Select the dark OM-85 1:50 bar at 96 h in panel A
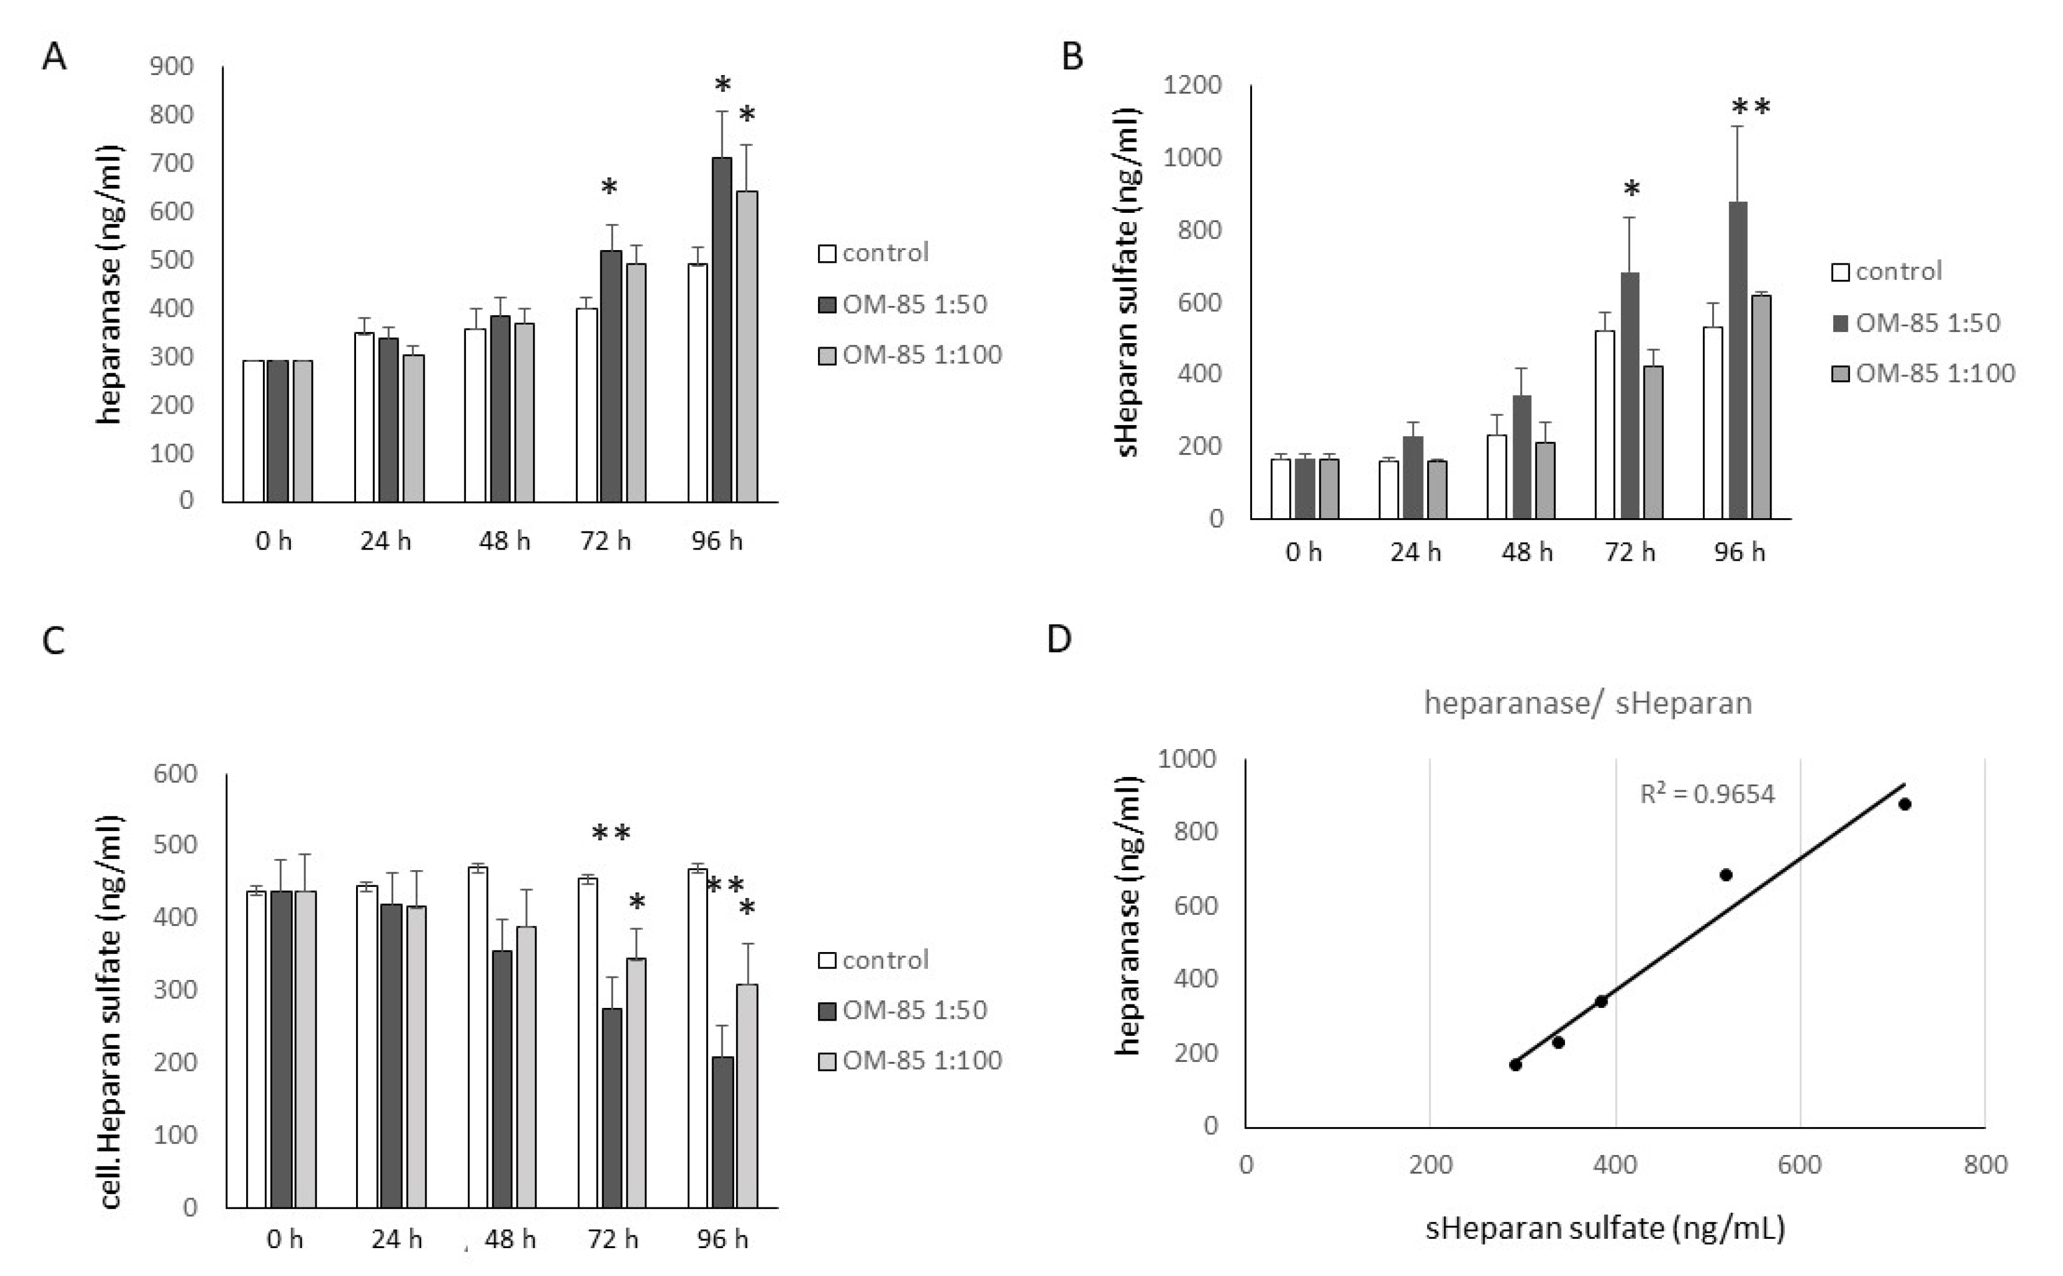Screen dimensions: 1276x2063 (722, 329)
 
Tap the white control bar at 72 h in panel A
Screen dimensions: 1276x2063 (586, 405)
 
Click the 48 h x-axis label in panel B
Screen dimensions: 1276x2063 (1527, 552)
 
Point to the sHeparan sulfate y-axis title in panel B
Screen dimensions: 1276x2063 (1127, 283)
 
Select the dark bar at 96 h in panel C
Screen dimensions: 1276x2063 (723, 1131)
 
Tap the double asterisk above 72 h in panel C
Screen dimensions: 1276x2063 (611, 834)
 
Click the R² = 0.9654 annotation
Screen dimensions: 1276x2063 (1707, 794)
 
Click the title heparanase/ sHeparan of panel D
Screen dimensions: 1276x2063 (1588, 702)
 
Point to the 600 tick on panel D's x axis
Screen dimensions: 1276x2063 (1799, 1164)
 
